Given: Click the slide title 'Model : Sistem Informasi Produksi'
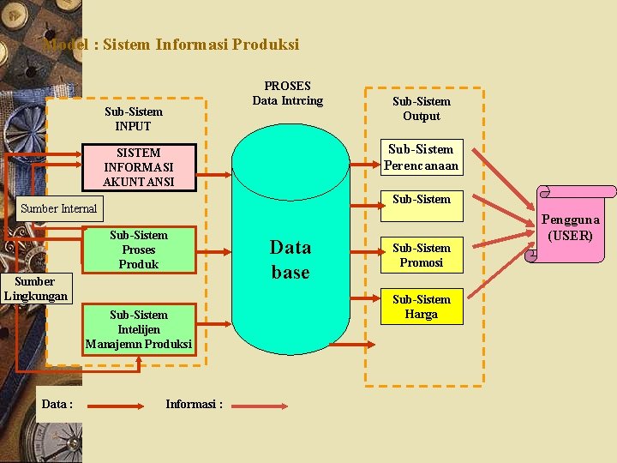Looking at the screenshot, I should click(x=171, y=44).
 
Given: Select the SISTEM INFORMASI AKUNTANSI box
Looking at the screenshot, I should click(x=138, y=167).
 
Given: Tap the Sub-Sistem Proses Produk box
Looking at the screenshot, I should click(x=139, y=250).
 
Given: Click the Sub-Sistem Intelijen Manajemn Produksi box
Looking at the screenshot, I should click(x=139, y=329).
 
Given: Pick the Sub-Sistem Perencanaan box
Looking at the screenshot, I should click(x=421, y=157).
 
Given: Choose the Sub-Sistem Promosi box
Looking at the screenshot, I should click(x=421, y=256).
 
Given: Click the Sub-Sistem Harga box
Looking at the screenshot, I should click(x=421, y=307).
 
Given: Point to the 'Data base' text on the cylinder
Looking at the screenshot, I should click(x=291, y=260).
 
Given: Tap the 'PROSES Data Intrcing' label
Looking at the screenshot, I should click(x=288, y=93).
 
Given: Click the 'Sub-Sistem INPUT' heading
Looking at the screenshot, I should click(x=134, y=118).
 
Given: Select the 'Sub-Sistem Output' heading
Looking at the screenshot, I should click(x=421, y=108).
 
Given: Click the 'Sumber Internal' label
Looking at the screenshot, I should click(x=59, y=208).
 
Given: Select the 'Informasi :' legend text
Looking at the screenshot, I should click(x=194, y=404).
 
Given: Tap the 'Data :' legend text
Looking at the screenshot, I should click(x=57, y=404).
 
